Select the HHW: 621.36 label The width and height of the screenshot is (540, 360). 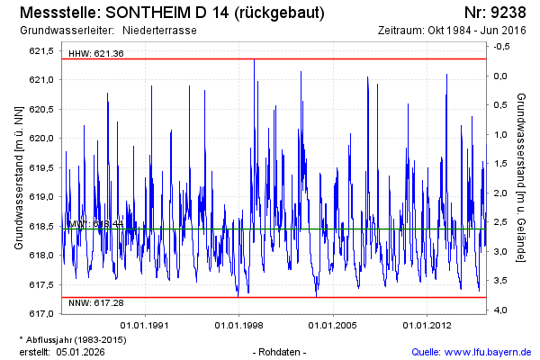(96, 54)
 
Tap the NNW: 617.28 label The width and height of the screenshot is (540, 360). (96, 303)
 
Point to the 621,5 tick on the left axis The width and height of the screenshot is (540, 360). (41, 50)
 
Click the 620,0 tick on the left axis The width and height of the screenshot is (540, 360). (41, 138)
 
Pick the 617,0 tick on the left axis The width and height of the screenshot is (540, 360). (41, 313)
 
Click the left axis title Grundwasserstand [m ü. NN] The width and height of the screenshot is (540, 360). (18, 180)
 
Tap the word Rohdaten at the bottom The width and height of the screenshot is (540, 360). (280, 351)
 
